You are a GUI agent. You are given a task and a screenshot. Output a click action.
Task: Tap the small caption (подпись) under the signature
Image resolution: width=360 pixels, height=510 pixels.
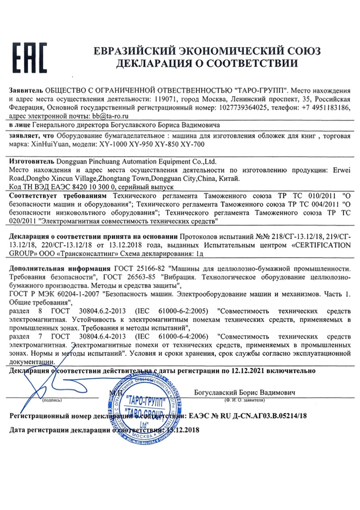53,400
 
